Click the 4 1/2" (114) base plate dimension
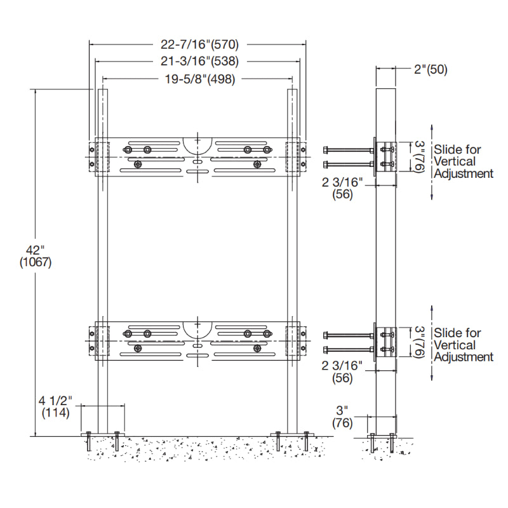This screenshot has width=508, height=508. pyautogui.click(x=56, y=406)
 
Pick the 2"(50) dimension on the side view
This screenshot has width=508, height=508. pyautogui.click(x=431, y=70)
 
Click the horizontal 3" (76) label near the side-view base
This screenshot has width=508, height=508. pyautogui.click(x=343, y=418)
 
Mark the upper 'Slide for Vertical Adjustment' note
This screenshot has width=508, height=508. pyautogui.click(x=463, y=161)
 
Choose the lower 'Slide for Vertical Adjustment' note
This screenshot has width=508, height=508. pyautogui.click(x=463, y=345)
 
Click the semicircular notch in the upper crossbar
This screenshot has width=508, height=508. pyautogui.click(x=197, y=144)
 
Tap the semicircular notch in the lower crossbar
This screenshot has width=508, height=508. pyautogui.click(x=197, y=328)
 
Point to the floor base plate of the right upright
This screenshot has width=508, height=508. pyautogui.click(x=293, y=434)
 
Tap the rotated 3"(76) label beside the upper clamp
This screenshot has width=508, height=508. pyautogui.click(x=420, y=156)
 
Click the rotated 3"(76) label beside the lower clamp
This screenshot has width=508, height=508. pyautogui.click(x=420, y=341)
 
